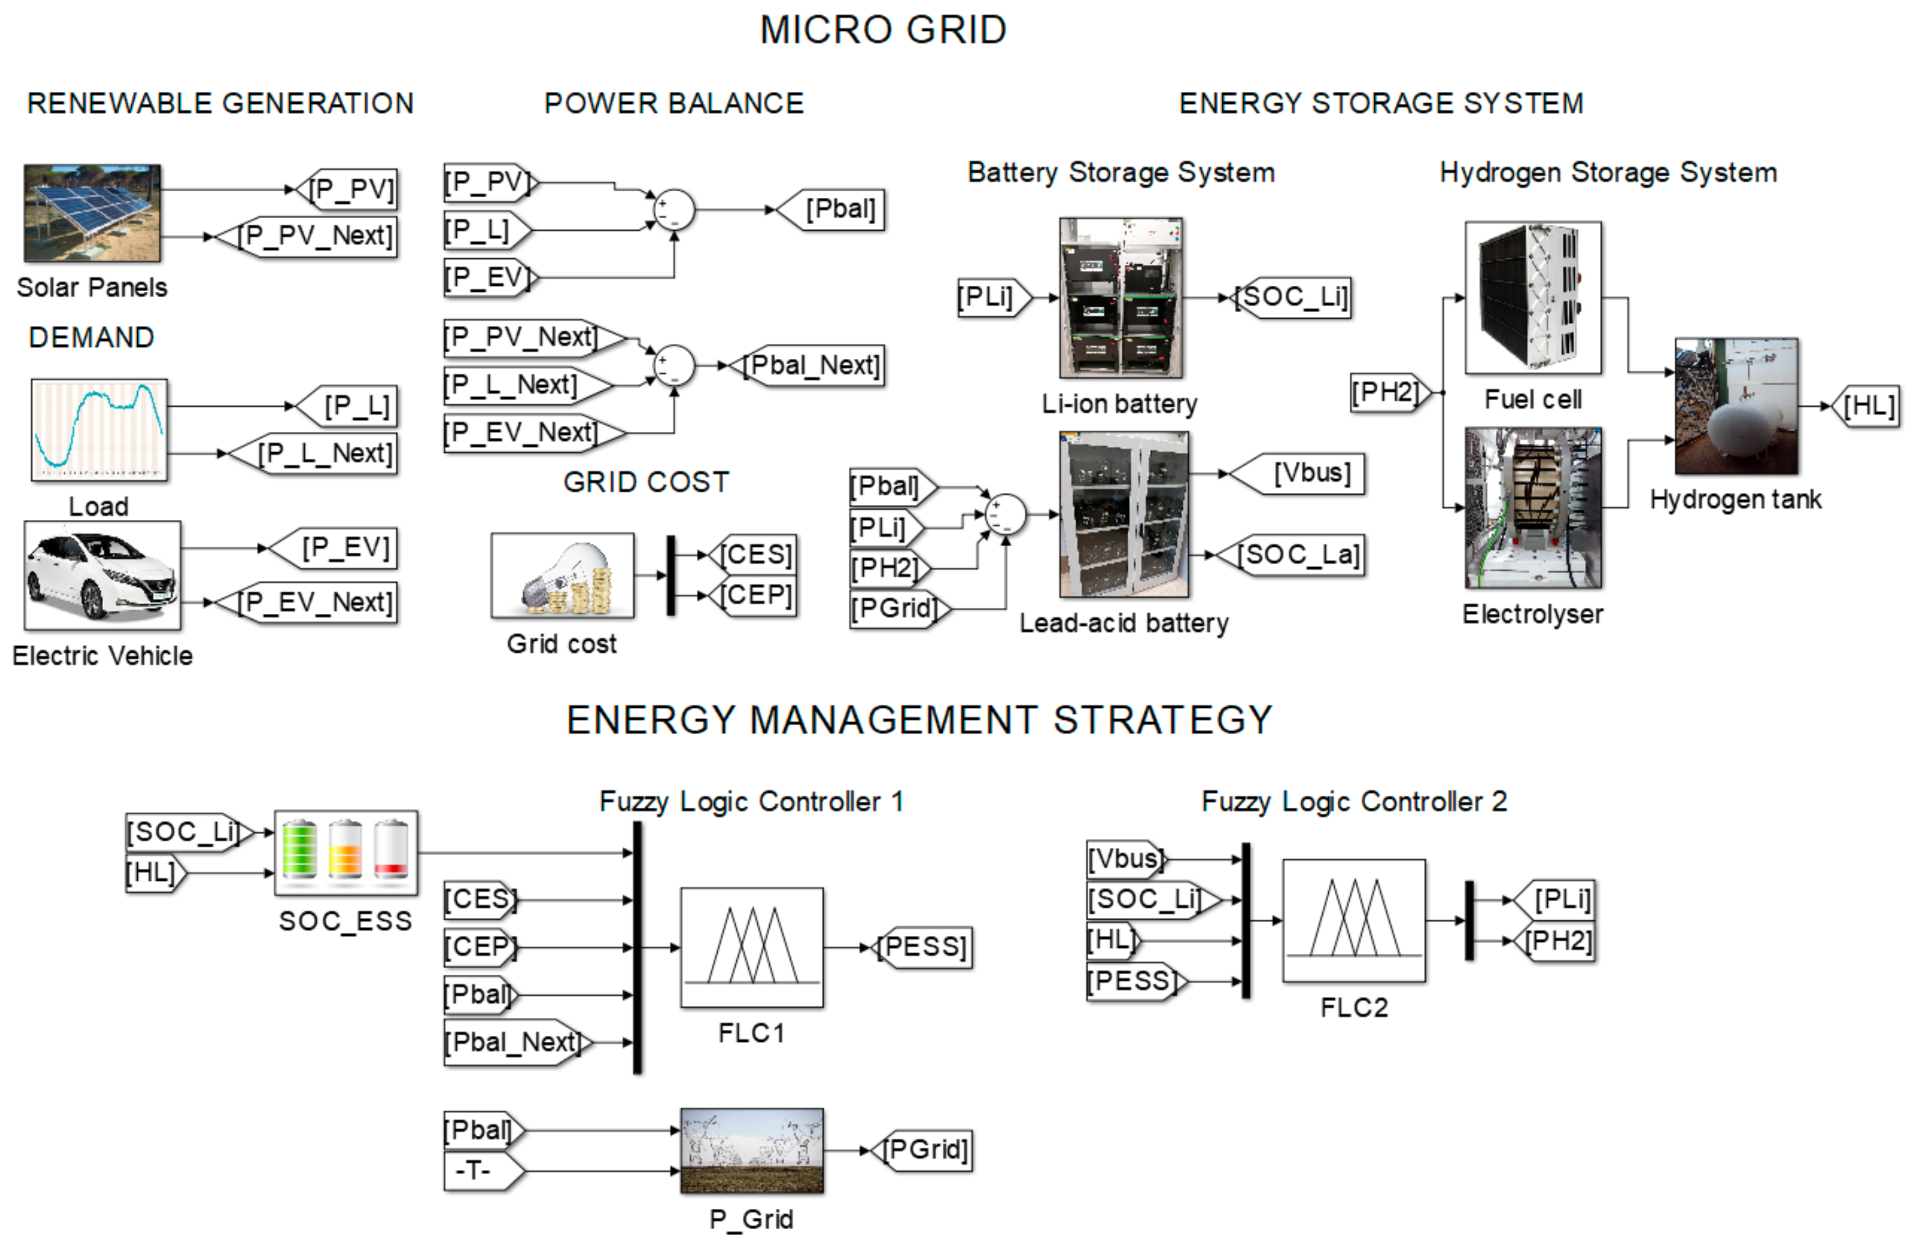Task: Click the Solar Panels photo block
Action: coord(92,213)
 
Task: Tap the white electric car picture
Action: coord(102,575)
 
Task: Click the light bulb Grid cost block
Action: coord(562,575)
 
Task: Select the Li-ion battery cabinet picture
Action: coord(1121,297)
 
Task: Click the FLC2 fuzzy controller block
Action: coord(1353,921)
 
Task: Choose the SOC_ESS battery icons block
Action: coord(345,852)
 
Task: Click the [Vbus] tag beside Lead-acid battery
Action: coord(1302,473)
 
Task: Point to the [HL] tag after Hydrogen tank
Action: coord(1866,406)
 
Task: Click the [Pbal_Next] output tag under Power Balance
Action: coord(808,366)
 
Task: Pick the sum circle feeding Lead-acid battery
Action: coord(1005,515)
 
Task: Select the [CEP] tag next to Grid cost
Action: coord(754,596)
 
